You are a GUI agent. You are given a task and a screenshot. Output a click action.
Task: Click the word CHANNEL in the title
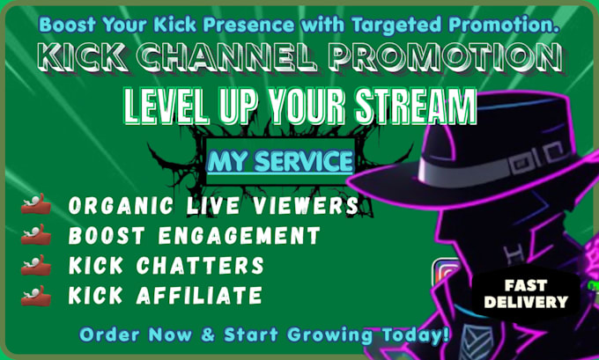[x=227, y=58]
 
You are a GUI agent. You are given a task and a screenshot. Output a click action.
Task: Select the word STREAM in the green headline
[x=416, y=106]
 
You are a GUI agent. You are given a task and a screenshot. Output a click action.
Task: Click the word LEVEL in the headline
[x=167, y=106]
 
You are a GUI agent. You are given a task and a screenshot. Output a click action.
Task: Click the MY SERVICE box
[x=280, y=161]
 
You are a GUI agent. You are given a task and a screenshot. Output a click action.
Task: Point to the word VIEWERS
[x=306, y=206]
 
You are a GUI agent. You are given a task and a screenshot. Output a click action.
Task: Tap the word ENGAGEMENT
[x=239, y=236]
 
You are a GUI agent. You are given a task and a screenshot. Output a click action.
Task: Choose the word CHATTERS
[x=200, y=265]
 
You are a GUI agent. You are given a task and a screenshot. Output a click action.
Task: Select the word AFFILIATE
[x=199, y=296]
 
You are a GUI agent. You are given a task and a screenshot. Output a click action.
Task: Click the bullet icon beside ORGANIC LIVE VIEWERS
[x=36, y=204]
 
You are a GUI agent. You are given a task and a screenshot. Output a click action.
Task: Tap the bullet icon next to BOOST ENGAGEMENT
[x=36, y=234]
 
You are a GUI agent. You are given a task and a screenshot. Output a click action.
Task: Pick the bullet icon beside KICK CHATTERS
[x=36, y=265]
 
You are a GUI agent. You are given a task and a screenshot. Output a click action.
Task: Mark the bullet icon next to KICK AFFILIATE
[x=36, y=296]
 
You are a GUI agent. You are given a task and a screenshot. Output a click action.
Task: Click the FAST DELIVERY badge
[x=526, y=294]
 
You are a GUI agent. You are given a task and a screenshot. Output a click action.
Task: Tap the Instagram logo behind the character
[x=446, y=272]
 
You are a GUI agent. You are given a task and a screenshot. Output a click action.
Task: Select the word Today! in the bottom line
[x=416, y=334]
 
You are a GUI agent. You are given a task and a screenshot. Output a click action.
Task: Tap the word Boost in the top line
[x=67, y=25]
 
